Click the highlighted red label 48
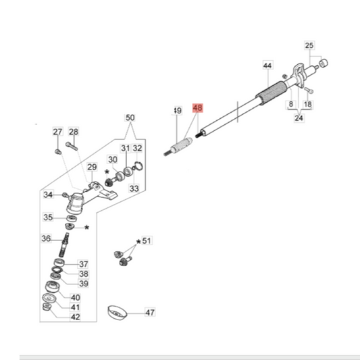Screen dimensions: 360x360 (198, 107)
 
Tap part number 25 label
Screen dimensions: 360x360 (309, 45)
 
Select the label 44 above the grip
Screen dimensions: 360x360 (267, 66)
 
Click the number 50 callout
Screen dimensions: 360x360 (130, 118)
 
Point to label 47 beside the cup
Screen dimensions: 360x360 (150, 313)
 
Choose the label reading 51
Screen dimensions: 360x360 (147, 241)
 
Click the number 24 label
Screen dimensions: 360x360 (299, 118)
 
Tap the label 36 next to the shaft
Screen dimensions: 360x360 (46, 238)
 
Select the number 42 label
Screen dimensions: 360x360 (76, 317)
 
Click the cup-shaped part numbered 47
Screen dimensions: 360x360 (117, 313)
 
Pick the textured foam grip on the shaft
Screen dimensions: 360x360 (271, 93)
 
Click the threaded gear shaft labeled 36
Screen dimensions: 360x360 (63, 245)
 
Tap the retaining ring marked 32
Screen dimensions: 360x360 (138, 166)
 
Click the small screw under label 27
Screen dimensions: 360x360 (58, 152)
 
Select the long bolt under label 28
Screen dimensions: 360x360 (72, 146)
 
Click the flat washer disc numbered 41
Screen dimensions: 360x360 (49, 299)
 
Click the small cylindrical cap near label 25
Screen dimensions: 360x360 (324, 63)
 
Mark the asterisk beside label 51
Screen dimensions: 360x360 (138, 242)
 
